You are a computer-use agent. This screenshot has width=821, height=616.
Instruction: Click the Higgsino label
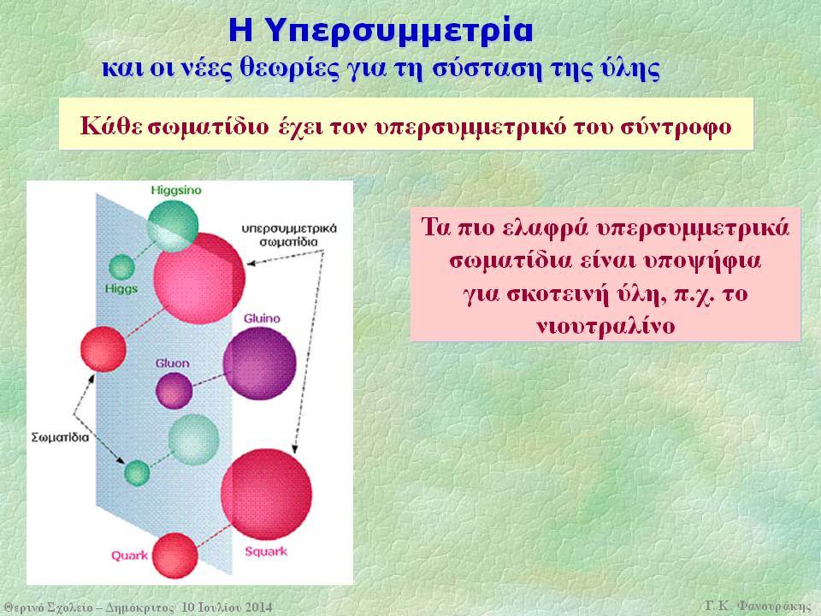176,191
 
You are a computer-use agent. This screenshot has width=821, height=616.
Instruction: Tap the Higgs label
121,288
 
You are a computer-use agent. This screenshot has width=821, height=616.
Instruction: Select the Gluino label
262,318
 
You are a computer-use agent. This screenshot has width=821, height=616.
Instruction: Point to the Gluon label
172,363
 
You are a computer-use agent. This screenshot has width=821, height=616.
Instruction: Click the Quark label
129,555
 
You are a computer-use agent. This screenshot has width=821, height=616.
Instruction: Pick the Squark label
266,551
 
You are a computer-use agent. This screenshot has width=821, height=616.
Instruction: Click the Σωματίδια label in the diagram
60,437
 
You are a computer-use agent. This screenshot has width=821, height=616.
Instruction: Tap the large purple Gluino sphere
260,364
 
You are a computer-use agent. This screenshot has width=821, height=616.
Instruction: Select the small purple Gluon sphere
174,390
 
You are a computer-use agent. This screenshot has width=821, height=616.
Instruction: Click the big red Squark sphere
266,494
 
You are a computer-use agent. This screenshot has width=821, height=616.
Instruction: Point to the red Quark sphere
174,556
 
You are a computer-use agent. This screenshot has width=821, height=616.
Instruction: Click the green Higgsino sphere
173,226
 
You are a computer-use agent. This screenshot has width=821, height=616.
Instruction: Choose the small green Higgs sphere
122,267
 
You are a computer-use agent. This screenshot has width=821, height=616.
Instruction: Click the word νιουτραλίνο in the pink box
605,326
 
